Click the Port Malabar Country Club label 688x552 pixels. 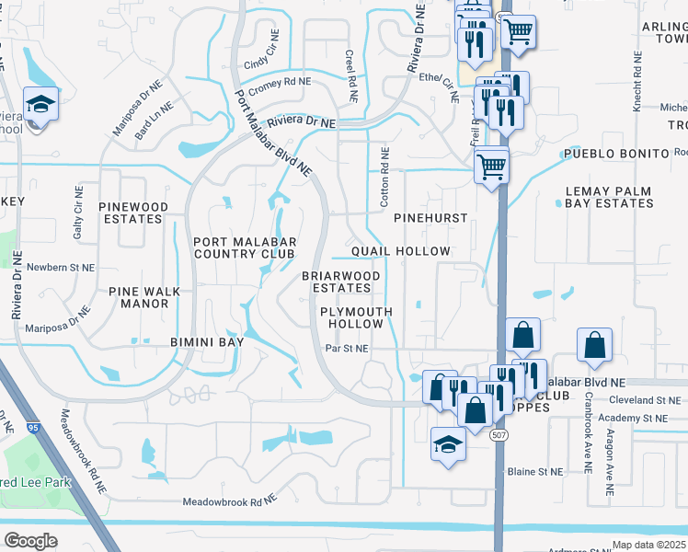244,247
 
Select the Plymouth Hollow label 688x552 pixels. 356,318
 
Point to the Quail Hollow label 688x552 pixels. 401,251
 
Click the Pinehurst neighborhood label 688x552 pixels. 430,218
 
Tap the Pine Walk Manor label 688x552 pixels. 144,297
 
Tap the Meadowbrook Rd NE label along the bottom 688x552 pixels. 229,501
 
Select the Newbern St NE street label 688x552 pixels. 61,267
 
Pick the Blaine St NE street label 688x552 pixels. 534,471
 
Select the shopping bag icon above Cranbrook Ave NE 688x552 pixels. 595,345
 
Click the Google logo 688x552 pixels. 30,541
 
